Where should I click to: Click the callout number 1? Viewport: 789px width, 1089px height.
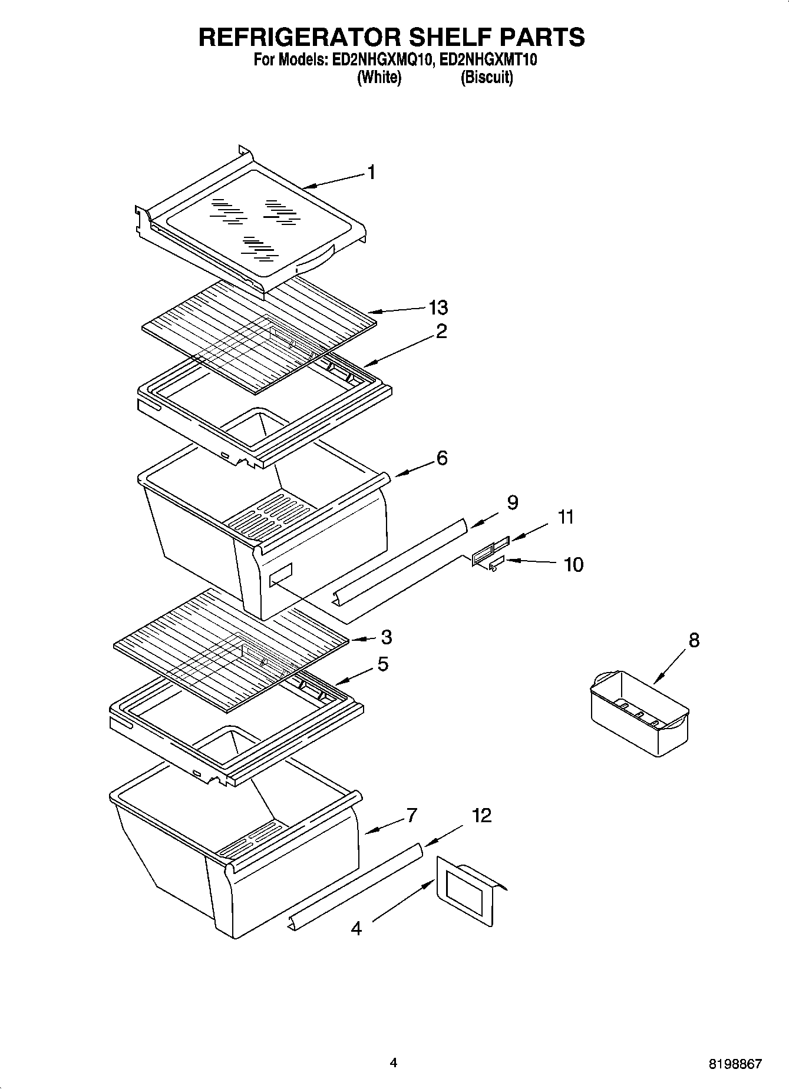371,172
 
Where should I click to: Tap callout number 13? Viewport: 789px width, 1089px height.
438,307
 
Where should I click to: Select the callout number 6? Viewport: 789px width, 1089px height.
442,458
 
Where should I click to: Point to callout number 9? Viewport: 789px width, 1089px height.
513,502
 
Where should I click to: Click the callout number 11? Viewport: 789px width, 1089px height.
566,517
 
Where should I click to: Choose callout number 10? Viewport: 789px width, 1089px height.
573,565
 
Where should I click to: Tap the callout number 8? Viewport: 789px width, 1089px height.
694,640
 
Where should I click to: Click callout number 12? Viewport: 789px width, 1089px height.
481,816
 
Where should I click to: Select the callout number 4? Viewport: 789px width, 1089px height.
356,929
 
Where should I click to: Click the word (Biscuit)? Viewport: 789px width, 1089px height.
487,78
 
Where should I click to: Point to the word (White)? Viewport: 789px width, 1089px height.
379,78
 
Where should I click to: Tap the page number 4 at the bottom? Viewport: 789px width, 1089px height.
394,1063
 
